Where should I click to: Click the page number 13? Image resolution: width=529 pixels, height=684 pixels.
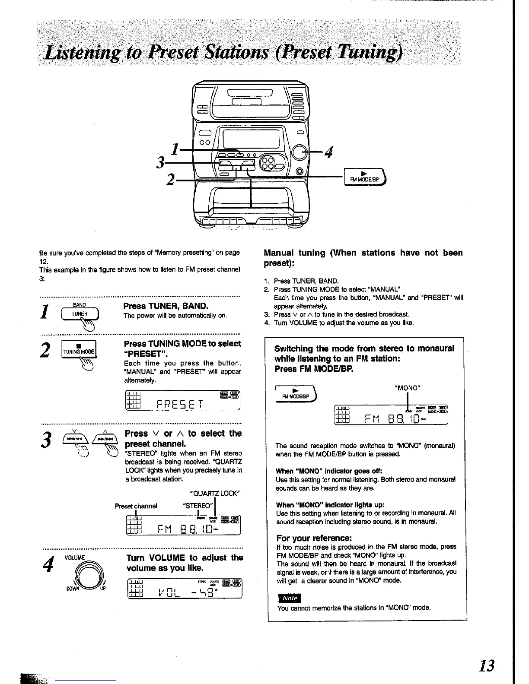pyautogui.click(x=486, y=665)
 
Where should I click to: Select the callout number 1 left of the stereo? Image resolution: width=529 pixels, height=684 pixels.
pyautogui.click(x=175, y=149)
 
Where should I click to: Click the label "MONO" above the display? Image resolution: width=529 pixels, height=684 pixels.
pyautogui.click(x=408, y=388)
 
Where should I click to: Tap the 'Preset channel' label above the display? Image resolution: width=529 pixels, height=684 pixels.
pyautogui.click(x=136, y=506)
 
